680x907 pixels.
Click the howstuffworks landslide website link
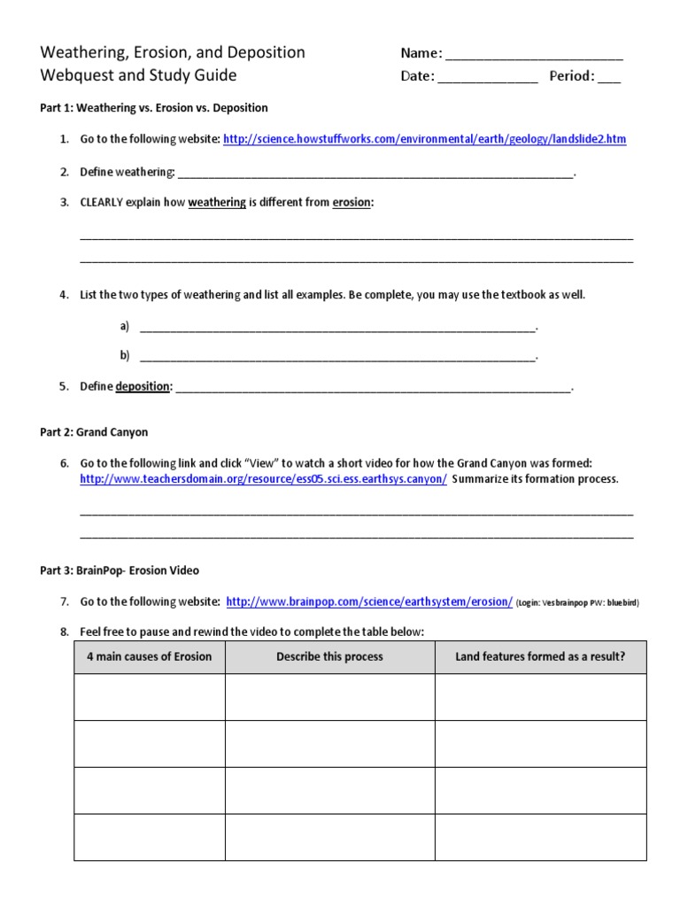tap(424, 139)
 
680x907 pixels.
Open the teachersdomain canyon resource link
tap(263, 478)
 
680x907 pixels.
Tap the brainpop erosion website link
tap(369, 601)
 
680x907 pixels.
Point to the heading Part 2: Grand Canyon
tap(94, 432)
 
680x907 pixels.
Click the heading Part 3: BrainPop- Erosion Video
tap(126, 570)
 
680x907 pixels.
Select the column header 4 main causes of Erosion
tap(150, 656)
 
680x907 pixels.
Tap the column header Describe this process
tap(329, 656)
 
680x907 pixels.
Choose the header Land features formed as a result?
tap(540, 656)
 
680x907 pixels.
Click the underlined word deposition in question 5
tap(143, 386)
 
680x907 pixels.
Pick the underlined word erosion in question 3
tap(351, 202)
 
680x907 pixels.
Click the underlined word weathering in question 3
tap(217, 202)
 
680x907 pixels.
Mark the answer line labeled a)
tap(337, 328)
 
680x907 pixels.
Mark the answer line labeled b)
tap(337, 357)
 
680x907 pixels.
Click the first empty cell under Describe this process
tap(329, 697)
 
